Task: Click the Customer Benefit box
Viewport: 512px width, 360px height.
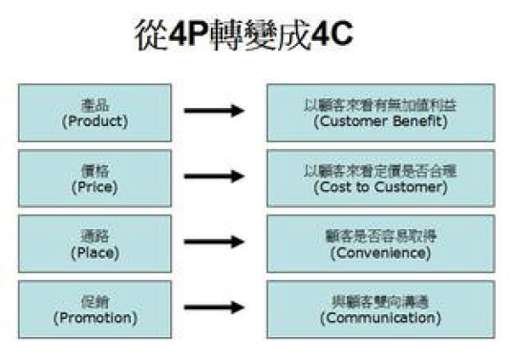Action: click(x=379, y=113)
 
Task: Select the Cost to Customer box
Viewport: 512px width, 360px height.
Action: click(x=379, y=179)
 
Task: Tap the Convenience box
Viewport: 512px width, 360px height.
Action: click(x=379, y=244)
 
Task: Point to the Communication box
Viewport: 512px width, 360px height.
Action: click(x=379, y=308)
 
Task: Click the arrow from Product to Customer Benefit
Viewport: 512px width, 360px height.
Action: click(x=212, y=112)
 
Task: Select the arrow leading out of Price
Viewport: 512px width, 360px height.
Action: click(x=212, y=178)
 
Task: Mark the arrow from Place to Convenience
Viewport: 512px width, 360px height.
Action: click(x=212, y=243)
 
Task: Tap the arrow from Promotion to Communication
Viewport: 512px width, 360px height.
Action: click(x=212, y=308)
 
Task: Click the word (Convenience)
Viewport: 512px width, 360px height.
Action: click(x=379, y=253)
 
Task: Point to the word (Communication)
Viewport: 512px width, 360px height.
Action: click(x=379, y=318)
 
